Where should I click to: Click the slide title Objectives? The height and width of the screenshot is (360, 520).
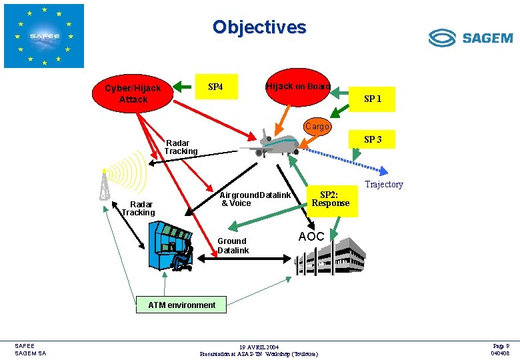click(x=259, y=27)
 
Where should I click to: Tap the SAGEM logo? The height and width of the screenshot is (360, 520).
click(x=470, y=37)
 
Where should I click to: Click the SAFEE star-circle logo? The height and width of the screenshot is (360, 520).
click(x=44, y=36)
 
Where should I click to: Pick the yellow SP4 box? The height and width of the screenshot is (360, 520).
click(x=215, y=87)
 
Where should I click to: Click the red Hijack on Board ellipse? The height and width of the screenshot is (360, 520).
click(x=297, y=87)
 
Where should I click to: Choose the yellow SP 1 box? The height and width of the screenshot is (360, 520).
click(x=373, y=99)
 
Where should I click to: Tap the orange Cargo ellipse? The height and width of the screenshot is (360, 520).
click(x=317, y=127)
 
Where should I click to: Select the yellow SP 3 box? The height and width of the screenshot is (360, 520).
click(x=373, y=139)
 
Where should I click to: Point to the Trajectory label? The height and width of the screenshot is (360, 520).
click(x=384, y=185)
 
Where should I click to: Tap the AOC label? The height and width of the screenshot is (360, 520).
click(x=311, y=237)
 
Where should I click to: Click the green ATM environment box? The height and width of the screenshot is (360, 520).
click(x=181, y=305)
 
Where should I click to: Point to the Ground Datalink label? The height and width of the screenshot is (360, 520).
click(x=233, y=245)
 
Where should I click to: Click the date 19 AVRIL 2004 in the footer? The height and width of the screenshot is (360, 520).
click(x=259, y=347)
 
